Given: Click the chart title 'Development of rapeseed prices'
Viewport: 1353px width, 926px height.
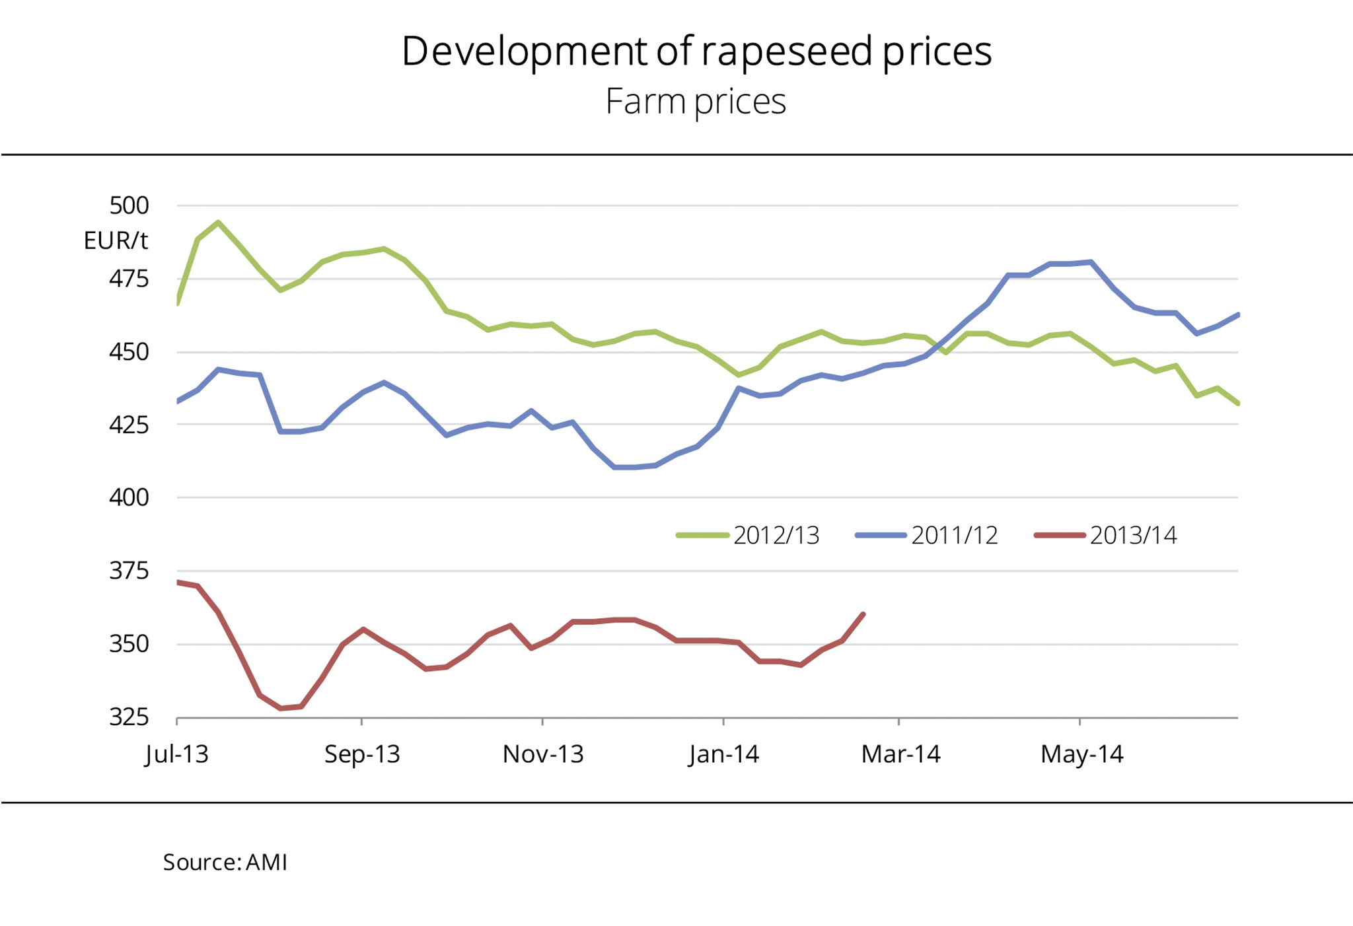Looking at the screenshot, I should tap(696, 52).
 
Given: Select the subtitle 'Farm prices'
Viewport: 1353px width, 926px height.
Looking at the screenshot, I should tap(696, 102).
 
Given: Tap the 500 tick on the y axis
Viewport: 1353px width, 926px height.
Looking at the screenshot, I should tap(129, 205).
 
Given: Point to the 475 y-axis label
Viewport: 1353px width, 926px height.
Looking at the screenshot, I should tap(129, 279).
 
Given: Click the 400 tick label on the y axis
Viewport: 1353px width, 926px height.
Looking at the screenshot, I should tap(129, 497).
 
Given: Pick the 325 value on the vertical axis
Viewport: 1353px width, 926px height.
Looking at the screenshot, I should tap(129, 717).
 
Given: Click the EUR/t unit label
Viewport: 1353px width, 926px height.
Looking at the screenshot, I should tap(116, 240).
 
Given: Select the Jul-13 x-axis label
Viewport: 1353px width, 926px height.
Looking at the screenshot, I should tap(177, 754).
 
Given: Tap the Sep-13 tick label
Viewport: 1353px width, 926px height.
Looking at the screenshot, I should tap(362, 754).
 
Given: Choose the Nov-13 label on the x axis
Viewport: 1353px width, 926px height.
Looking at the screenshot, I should tap(543, 754).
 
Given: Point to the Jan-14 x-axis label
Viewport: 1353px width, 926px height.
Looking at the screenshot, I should tap(724, 754).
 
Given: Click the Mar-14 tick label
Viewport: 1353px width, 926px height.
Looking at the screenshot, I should tap(900, 754).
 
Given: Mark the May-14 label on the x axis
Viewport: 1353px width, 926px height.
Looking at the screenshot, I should tap(1081, 754).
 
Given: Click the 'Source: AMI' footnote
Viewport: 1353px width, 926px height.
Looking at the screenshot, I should tap(225, 863).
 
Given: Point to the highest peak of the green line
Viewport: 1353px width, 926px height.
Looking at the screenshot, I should tap(218, 223).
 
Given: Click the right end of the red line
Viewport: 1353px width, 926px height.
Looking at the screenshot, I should tap(863, 614).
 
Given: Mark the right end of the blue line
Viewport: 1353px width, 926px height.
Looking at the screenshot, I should tap(1237, 314).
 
